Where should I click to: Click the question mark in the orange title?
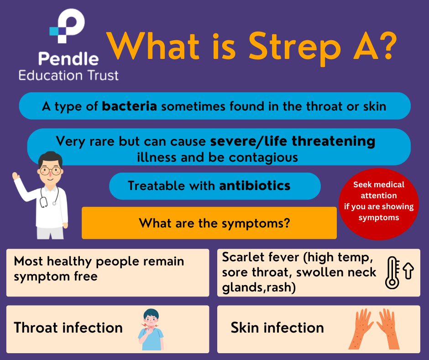click(386, 45)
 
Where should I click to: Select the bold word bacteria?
click(130, 106)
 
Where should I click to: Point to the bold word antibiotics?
click(255, 185)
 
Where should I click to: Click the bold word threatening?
click(334, 142)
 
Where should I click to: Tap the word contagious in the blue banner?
click(263, 158)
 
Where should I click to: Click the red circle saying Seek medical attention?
click(379, 204)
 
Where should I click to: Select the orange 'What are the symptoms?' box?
click(209, 223)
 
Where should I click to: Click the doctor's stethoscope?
click(49, 197)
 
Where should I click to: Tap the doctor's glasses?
click(50, 171)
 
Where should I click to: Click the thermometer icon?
click(392, 273)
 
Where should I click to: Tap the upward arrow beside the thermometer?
click(408, 270)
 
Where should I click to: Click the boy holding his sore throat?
click(151, 329)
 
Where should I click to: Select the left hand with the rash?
click(361, 329)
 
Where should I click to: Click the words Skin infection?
click(277, 328)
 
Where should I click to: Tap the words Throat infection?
click(68, 328)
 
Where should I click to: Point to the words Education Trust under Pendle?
click(68, 75)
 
